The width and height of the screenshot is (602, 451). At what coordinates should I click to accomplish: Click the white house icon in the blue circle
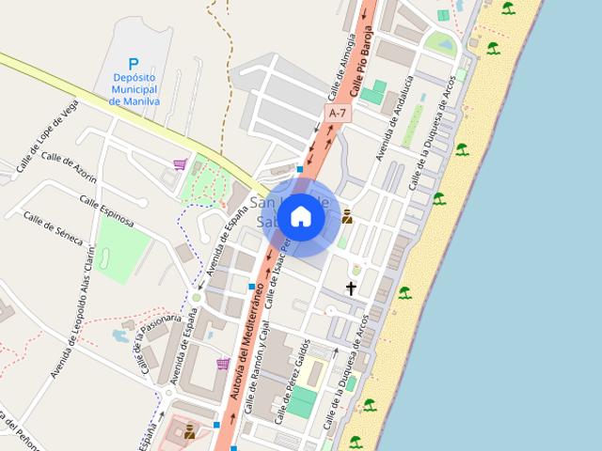pos(300,217)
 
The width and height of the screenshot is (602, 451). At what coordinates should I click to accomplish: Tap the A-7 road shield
pos(336,112)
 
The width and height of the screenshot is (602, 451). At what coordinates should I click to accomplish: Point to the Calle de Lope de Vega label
pos(44,139)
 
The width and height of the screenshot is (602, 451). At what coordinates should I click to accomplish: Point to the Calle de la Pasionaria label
pos(161,342)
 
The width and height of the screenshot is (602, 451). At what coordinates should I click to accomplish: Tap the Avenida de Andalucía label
pos(396,118)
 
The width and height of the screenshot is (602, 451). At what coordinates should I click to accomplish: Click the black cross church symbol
pos(352,288)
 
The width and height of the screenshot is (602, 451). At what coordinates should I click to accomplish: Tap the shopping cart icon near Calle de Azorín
pos(179,164)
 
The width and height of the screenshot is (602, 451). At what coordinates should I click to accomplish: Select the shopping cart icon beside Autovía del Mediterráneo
pos(223,364)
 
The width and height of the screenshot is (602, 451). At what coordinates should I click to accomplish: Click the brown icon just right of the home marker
pos(347,216)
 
